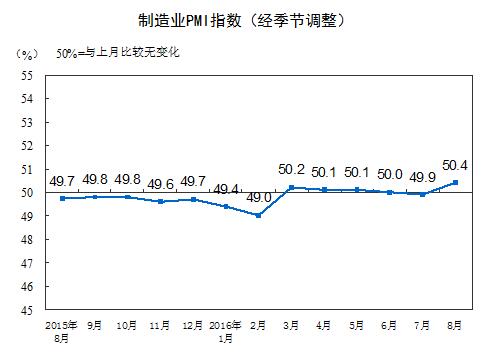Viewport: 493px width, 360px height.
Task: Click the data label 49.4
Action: point(226,188)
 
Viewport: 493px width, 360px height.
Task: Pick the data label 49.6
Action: point(160,183)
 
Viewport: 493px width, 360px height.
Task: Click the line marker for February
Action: point(259,215)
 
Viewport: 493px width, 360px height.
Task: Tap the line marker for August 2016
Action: point(456,182)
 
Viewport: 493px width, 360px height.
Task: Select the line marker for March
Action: point(291,187)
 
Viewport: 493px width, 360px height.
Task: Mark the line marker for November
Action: point(161,201)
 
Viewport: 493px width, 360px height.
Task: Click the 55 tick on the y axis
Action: point(26,75)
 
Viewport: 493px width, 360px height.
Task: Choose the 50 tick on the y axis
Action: point(26,192)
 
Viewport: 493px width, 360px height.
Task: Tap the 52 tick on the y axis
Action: point(26,145)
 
